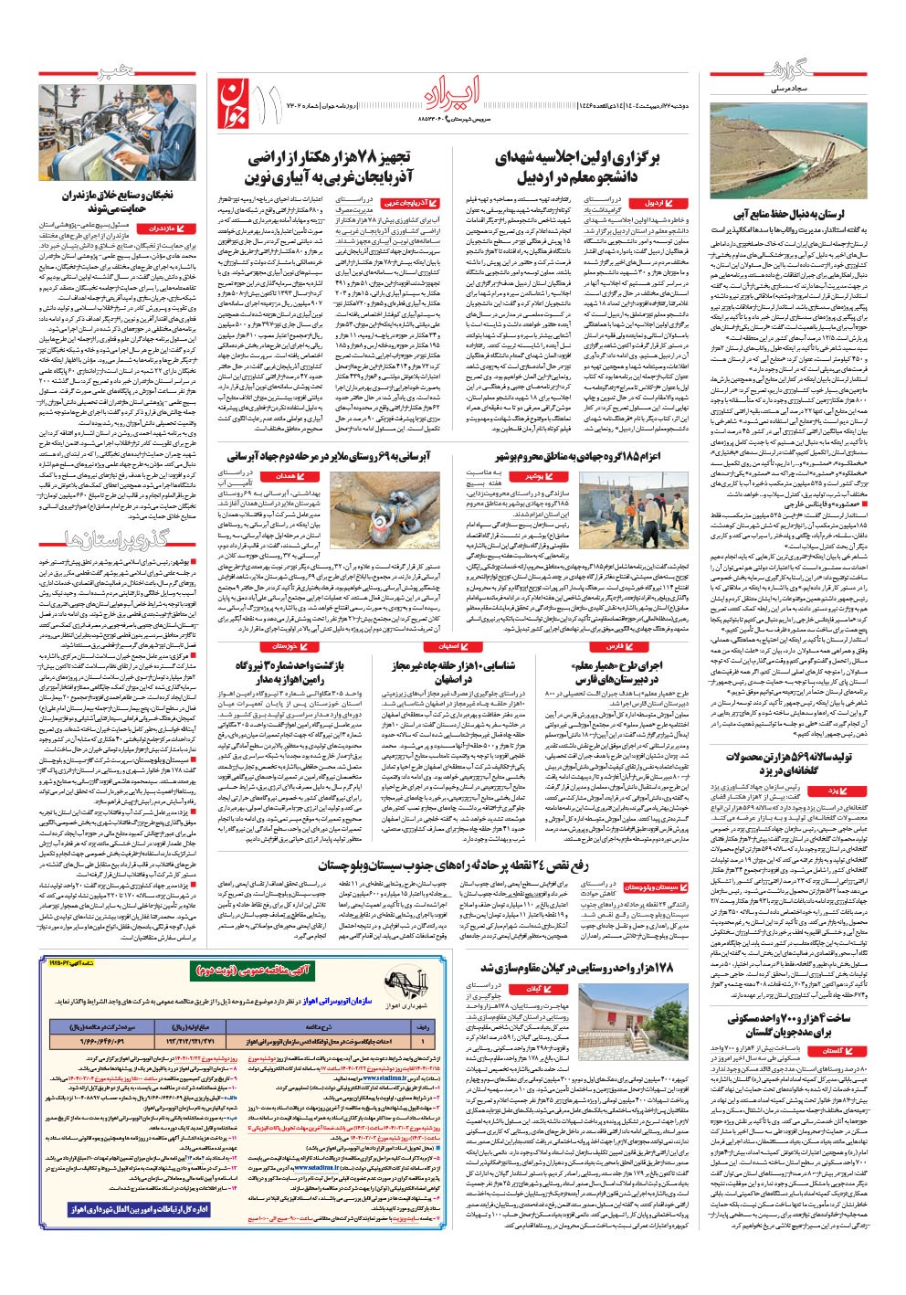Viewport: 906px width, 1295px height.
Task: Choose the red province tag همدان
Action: (x=287, y=477)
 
